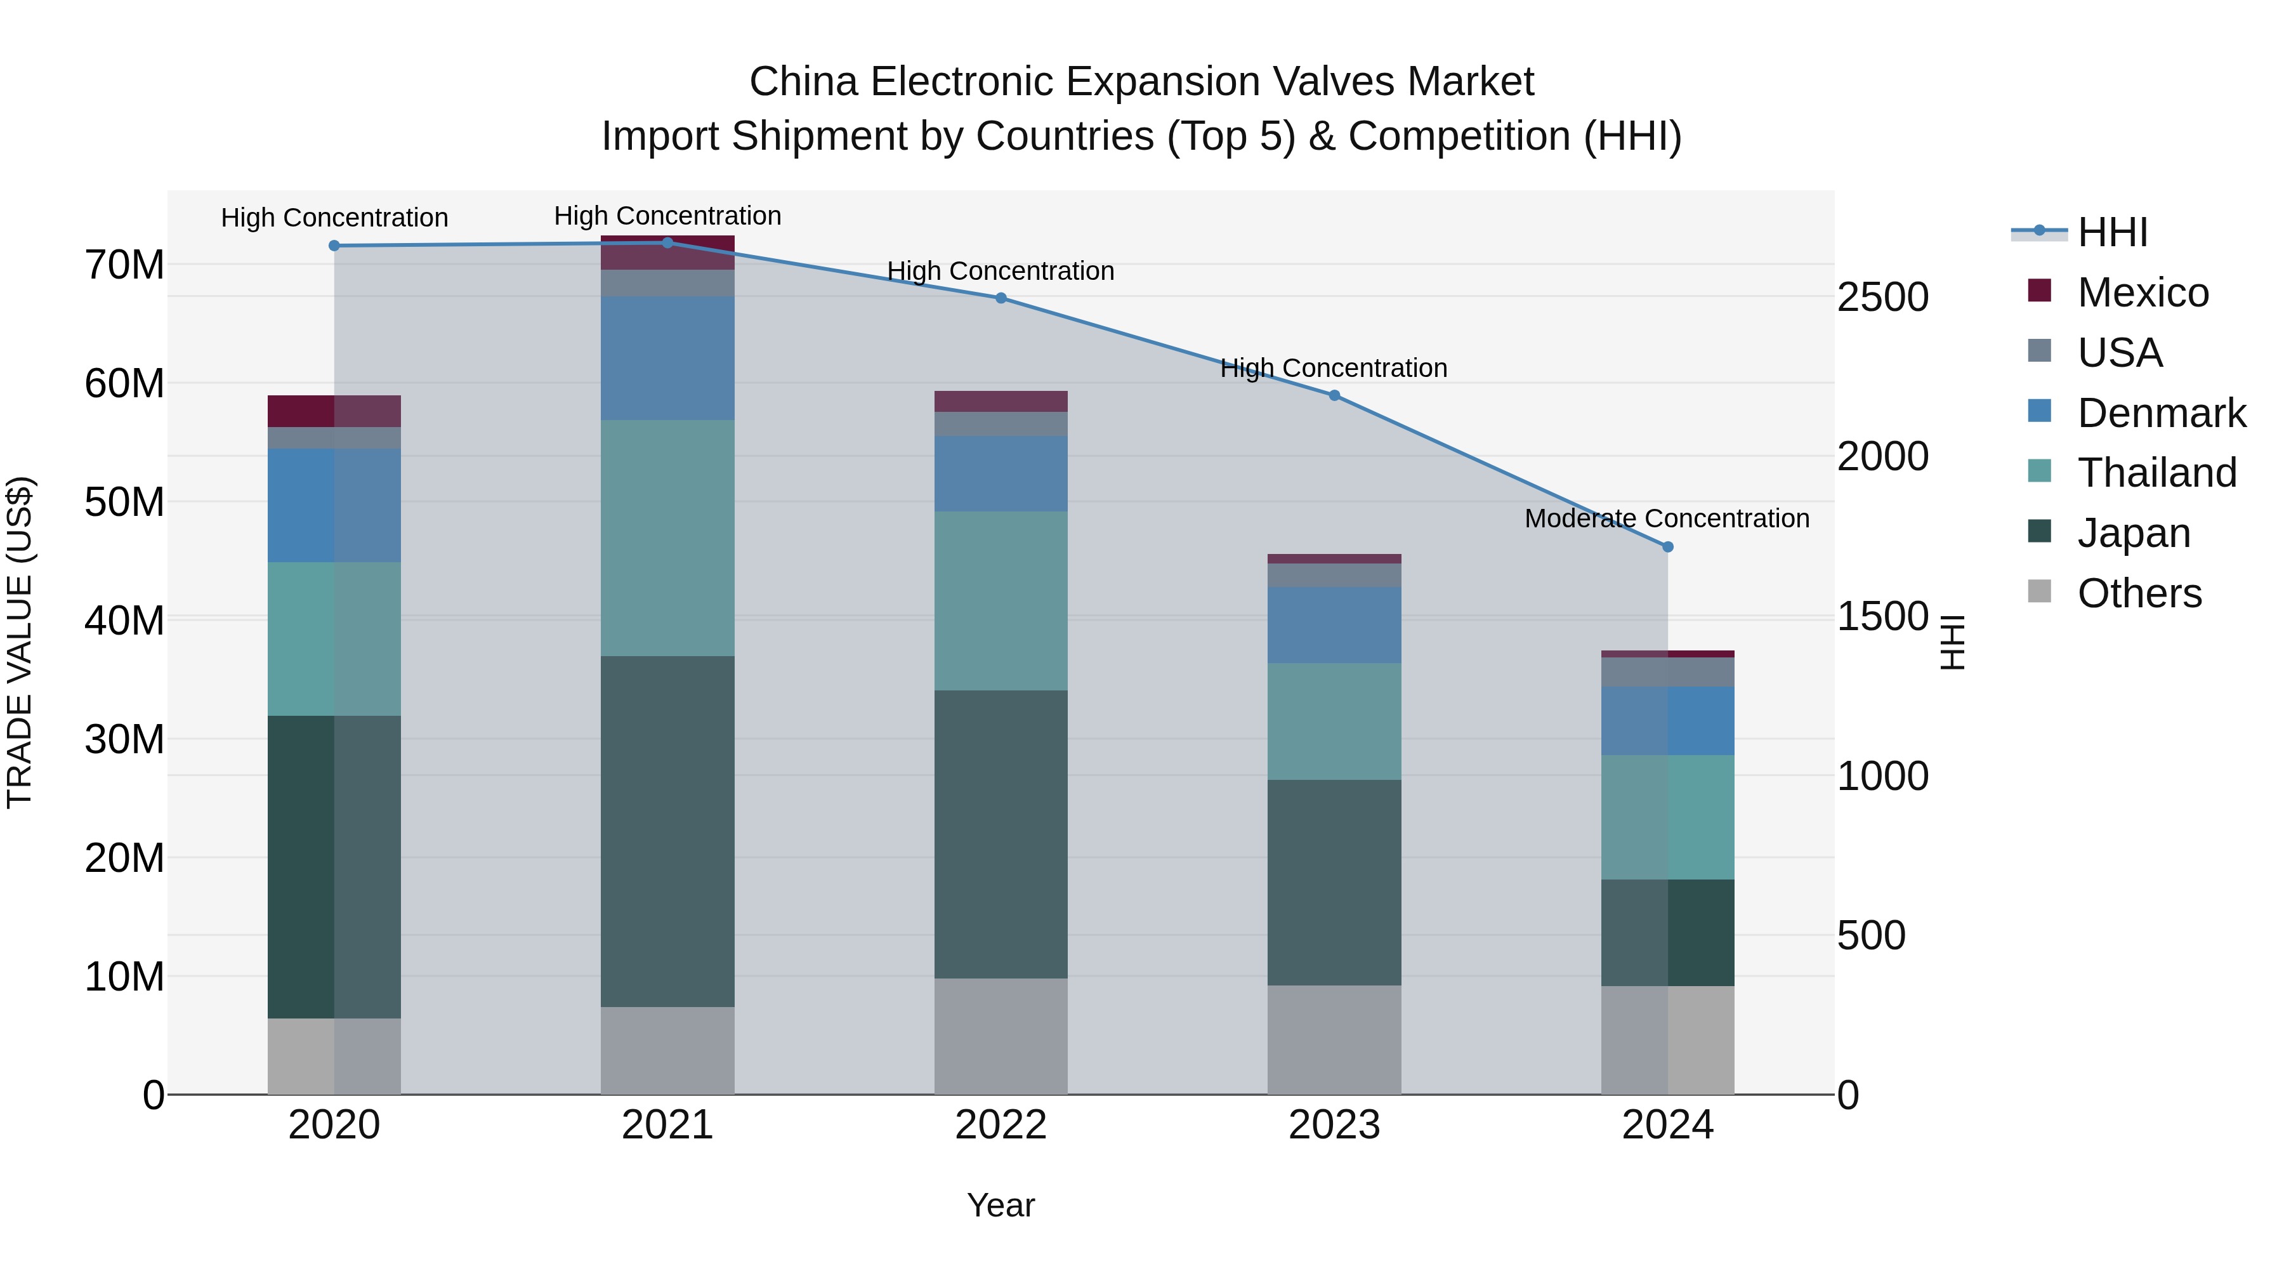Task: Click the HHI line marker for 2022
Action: pos(1001,298)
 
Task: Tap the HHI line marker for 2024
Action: pos(1668,547)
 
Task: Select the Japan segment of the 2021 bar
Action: pos(667,831)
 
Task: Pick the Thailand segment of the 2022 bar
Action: pos(1001,600)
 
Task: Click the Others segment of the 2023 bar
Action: pos(1334,1039)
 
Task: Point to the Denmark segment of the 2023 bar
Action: pos(1334,624)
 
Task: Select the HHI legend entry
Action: pos(2112,232)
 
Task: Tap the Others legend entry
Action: pos(2139,593)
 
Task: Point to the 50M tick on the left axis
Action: pos(124,503)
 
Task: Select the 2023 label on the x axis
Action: pos(1334,1125)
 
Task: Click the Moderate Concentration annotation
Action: pos(1667,518)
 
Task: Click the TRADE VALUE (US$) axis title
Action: pos(20,642)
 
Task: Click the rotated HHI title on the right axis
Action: pos(1953,642)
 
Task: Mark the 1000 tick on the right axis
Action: pos(1882,777)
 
